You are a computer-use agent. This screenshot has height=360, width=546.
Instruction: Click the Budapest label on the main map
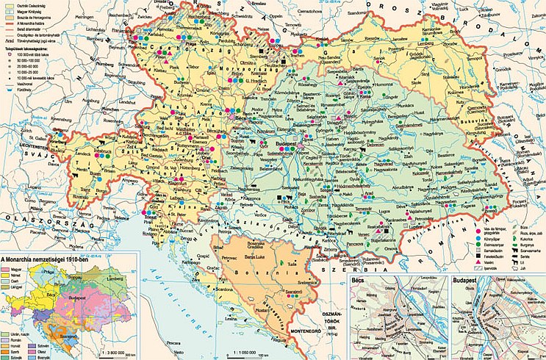pyautogui.click(x=295, y=137)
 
